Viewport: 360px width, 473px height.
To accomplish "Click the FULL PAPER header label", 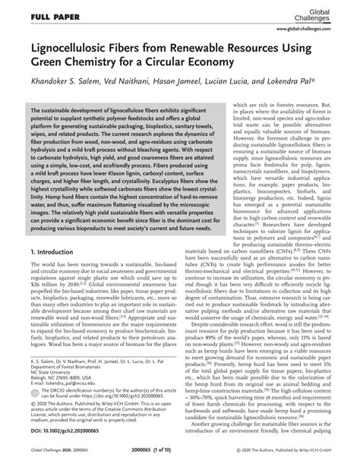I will (x=36, y=15).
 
